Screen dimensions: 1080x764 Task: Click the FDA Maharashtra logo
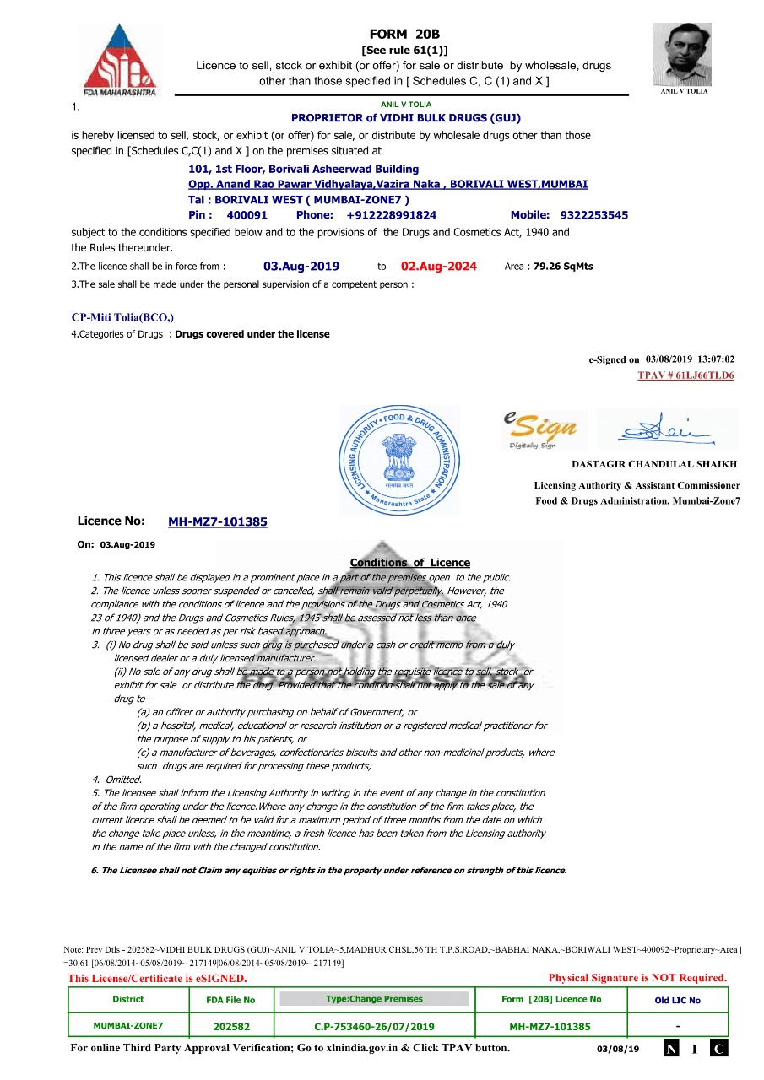[x=119, y=60]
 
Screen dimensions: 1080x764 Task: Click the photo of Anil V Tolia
[x=682, y=54]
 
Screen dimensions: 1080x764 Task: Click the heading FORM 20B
[x=404, y=35]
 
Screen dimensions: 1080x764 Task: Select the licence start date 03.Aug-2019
[x=301, y=267]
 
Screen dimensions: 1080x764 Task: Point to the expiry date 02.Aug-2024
[x=438, y=267]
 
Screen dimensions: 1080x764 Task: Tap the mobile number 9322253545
[x=593, y=215]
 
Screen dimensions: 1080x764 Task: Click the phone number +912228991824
[x=391, y=215]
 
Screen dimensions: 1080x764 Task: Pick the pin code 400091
[x=247, y=215]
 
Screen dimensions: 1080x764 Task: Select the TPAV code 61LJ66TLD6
[x=685, y=375]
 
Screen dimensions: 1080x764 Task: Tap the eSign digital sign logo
[x=540, y=429]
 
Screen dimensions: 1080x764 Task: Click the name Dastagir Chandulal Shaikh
[x=654, y=464]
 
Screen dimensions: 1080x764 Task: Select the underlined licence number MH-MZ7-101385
[x=218, y=522]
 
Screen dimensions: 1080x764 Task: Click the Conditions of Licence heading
[x=409, y=563]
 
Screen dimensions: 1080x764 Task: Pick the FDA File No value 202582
[x=231, y=1027]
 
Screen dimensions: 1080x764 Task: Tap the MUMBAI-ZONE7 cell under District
[x=128, y=1026]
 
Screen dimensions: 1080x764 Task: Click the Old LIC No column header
[x=677, y=1001]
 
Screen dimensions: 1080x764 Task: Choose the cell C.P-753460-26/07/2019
[x=374, y=1027]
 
